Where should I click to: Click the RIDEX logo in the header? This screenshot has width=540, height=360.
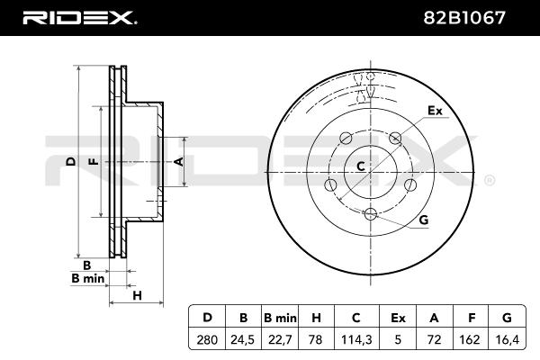point(79,16)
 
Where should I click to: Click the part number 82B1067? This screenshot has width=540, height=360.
point(478,16)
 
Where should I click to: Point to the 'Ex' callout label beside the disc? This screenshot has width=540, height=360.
point(436,112)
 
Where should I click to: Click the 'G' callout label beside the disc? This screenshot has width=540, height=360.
point(423,221)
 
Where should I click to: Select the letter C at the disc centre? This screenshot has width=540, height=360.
point(360,166)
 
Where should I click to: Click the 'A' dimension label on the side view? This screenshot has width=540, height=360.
point(177,162)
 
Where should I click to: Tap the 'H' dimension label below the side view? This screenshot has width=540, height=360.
point(138,295)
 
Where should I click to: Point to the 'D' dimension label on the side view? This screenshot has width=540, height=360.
point(70,162)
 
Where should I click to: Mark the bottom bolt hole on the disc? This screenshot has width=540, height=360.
point(370,213)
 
